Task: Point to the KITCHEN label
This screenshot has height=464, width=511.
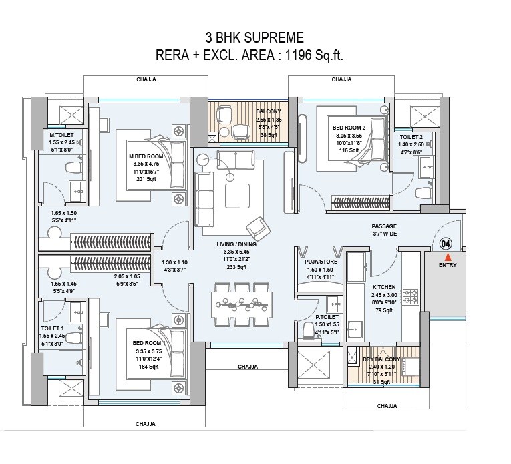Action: [x=384, y=286]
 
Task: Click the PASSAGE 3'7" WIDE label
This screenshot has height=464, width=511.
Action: [x=384, y=230]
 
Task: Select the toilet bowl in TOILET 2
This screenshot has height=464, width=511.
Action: [x=421, y=194]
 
